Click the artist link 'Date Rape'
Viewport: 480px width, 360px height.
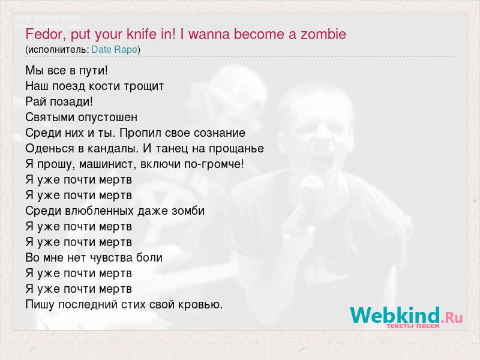[x=114, y=50]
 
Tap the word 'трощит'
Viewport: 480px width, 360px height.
[x=144, y=86]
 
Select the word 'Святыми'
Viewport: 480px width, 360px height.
[x=50, y=117]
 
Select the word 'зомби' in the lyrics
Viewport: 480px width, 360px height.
[x=188, y=211]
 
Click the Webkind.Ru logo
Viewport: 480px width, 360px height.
[x=406, y=316]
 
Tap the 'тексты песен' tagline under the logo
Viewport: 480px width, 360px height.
[x=413, y=326]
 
